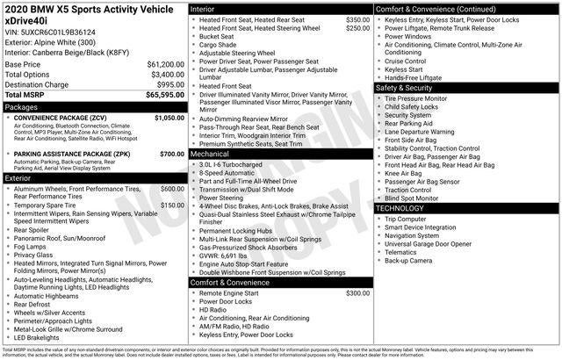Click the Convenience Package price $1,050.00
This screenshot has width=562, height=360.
pos(169,117)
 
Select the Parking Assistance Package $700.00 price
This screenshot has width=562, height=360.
pos(172,155)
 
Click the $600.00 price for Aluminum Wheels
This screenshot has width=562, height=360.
pos(172,189)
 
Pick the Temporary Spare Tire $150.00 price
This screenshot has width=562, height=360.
pos(172,205)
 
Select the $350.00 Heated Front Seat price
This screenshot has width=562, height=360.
pos(357,18)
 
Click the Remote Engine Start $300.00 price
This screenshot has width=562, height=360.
pos(357,292)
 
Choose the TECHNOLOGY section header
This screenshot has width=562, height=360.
pos(405,208)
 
